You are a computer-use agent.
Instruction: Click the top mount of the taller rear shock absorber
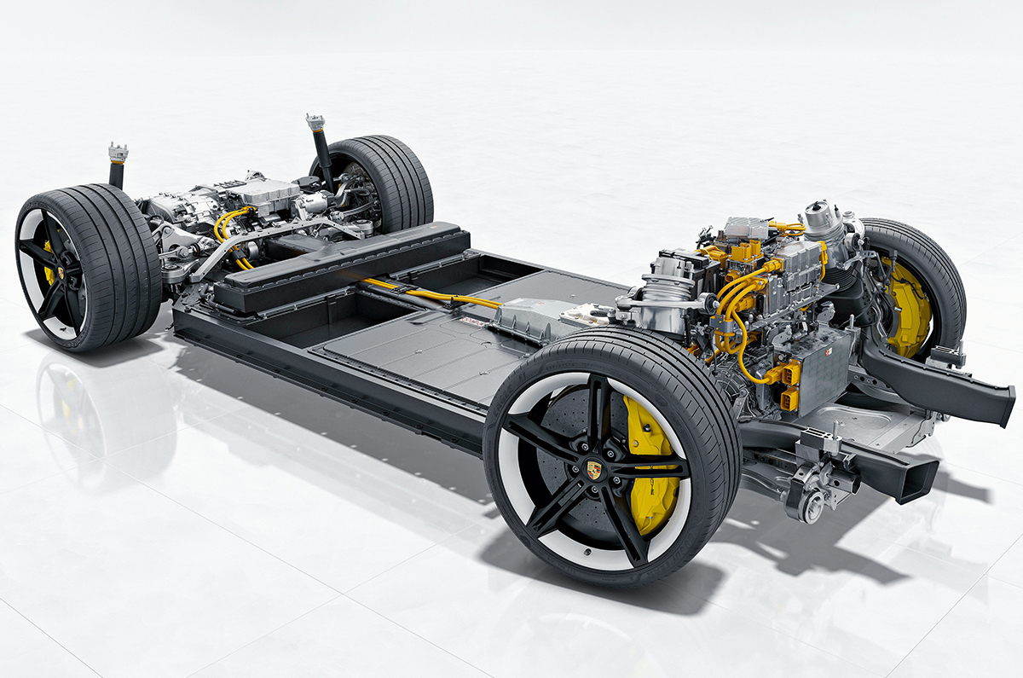click(x=315, y=122)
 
